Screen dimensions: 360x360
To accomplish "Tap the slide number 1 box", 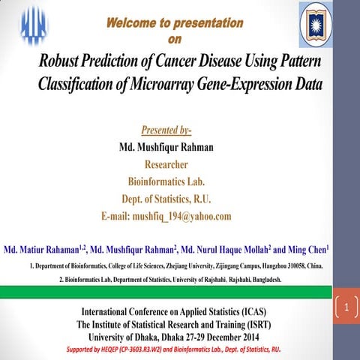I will click(x=346, y=308).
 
